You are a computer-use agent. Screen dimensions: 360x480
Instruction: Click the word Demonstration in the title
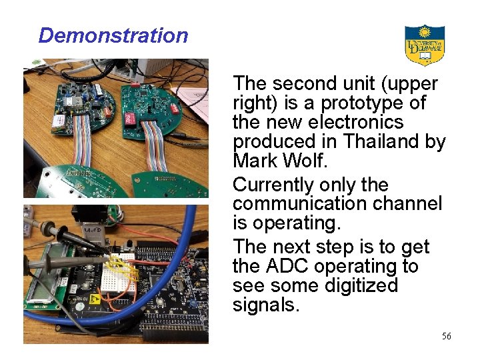tap(113, 35)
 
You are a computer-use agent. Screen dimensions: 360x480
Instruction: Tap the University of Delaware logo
tap(425, 45)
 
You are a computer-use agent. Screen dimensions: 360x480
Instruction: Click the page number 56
tap(446, 336)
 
